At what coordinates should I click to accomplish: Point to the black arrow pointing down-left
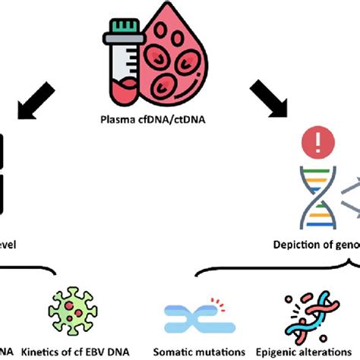pyautogui.click(x=37, y=101)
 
